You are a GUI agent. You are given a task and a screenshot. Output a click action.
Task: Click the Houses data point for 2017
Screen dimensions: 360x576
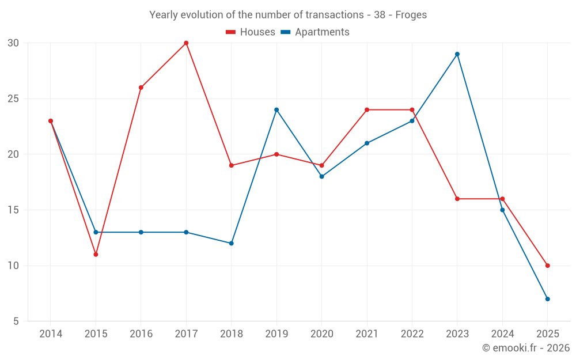(x=186, y=43)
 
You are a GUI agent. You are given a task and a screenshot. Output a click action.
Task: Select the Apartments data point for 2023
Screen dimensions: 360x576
(x=457, y=54)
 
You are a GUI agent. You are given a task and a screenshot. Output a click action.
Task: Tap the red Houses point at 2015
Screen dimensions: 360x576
(x=96, y=255)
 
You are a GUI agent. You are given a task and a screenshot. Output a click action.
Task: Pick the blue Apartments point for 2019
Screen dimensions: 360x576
(x=276, y=110)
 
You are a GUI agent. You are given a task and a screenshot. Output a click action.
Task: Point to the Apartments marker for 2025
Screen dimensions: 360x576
(x=548, y=299)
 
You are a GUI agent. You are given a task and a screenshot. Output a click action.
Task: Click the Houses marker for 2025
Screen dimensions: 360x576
(x=548, y=266)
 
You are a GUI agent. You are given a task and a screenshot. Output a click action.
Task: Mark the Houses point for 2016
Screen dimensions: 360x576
(x=141, y=88)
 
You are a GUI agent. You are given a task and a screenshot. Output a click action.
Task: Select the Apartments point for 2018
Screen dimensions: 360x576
(x=232, y=244)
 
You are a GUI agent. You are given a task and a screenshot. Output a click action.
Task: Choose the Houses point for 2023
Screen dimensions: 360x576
(x=457, y=199)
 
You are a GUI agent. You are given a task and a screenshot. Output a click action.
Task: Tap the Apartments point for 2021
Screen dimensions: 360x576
(x=367, y=143)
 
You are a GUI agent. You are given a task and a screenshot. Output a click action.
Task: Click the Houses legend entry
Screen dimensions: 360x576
(x=251, y=32)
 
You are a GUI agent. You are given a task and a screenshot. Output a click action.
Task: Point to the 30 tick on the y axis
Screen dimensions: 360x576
(x=13, y=43)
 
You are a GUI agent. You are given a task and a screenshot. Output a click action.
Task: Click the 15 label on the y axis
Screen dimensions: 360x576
(x=13, y=210)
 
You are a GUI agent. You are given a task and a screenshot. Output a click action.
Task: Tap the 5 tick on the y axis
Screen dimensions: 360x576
(x=16, y=321)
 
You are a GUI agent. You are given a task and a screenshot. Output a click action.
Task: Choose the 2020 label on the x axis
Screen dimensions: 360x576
(x=321, y=334)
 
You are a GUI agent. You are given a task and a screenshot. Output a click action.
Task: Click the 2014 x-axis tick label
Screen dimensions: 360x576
(x=51, y=334)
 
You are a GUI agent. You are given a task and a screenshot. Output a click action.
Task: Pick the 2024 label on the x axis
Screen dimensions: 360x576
(x=502, y=334)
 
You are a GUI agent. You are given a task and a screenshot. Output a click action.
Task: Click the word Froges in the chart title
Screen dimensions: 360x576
(x=411, y=15)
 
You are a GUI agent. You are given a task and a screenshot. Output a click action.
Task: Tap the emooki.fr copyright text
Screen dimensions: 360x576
(x=525, y=348)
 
